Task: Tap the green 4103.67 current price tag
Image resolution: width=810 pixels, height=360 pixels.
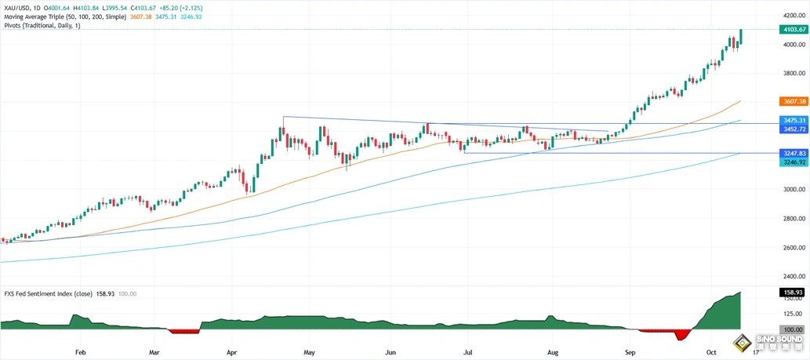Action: coord(794,30)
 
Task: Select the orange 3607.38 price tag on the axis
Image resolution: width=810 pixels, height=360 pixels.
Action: coord(794,102)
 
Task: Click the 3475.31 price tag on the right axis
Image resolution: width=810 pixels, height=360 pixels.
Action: coord(794,120)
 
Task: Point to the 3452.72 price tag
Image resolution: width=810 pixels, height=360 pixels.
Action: coord(794,127)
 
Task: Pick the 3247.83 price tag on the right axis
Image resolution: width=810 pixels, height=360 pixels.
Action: coord(794,155)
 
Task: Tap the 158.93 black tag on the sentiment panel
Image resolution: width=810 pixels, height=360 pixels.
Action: coord(794,293)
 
